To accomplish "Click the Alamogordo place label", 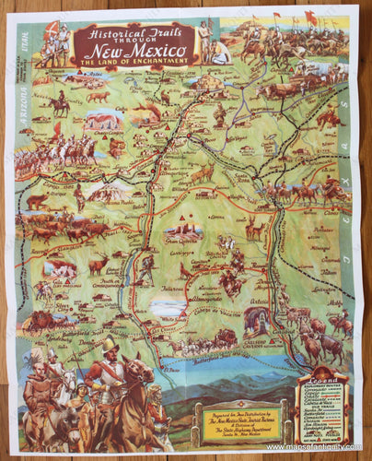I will click(214, 300).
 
